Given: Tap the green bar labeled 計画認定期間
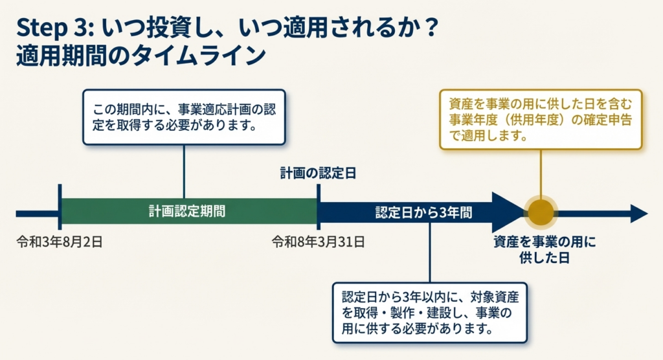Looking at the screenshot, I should tap(188, 211).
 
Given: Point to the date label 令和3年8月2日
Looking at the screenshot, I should tap(60, 242).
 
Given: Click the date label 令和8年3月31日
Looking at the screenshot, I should tap(318, 242).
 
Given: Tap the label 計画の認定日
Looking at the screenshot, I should tap(318, 174).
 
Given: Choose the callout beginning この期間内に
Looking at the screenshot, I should tap(184, 117).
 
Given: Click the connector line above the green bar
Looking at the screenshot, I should tap(185, 171).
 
